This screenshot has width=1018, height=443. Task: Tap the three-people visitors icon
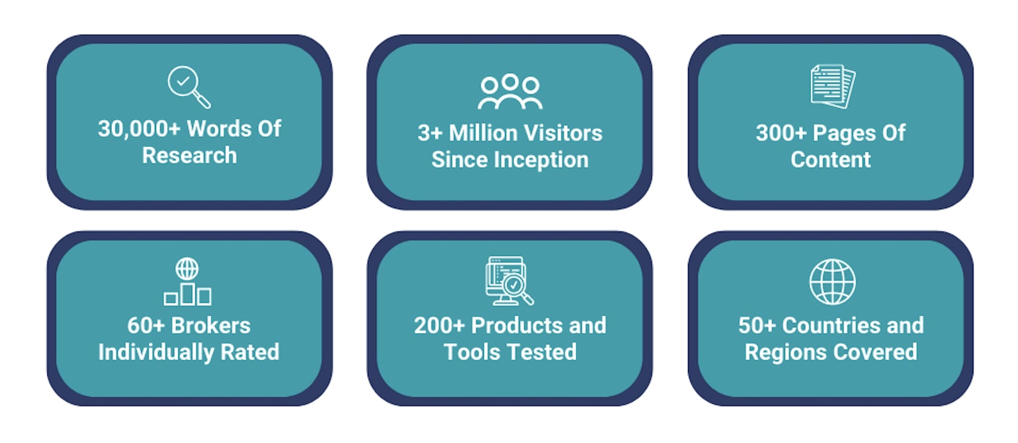click(x=510, y=91)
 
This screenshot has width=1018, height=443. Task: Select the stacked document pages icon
click(x=832, y=86)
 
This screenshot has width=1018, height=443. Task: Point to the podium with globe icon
click(x=187, y=281)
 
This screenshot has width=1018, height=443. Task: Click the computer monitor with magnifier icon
click(x=510, y=280)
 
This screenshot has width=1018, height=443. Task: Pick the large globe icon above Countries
click(x=832, y=281)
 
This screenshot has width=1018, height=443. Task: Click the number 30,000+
click(x=139, y=129)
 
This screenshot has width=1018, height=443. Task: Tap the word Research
click(x=189, y=155)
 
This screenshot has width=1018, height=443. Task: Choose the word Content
click(x=831, y=160)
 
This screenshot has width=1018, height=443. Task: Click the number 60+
click(x=146, y=325)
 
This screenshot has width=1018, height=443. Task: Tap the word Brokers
click(x=211, y=325)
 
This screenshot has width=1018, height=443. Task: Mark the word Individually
click(x=157, y=352)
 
